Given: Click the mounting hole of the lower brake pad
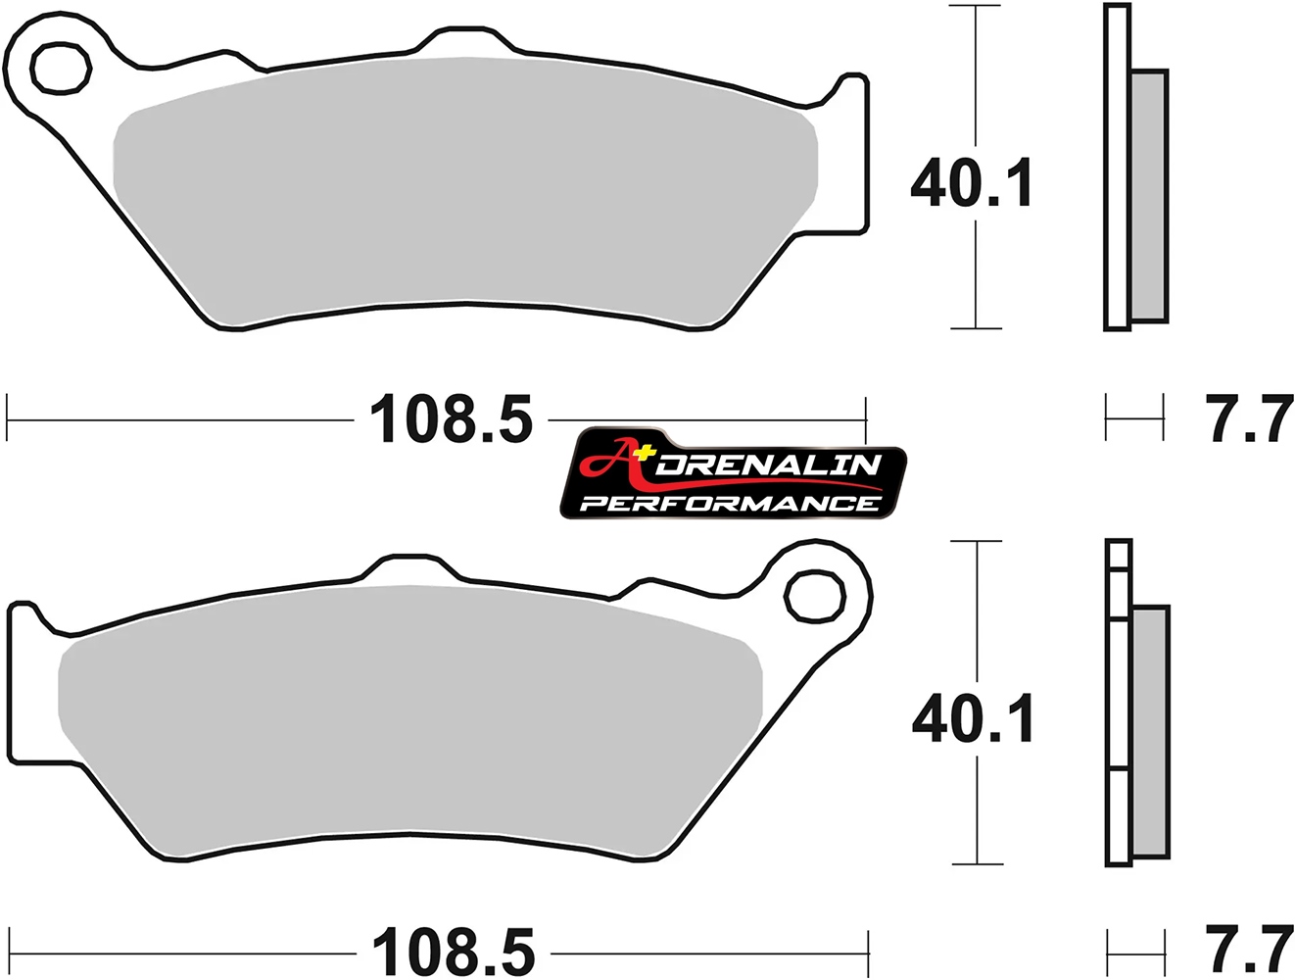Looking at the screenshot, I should pos(815,595).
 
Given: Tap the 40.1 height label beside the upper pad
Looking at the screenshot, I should pos(972,182).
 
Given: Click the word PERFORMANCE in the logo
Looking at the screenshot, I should pos(730,504).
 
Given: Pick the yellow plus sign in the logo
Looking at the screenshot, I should pos(643,452).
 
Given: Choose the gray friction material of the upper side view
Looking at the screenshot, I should pos(1149,196).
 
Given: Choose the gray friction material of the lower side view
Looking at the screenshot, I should pos(1150,730).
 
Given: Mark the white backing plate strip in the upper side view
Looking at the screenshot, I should pos(1117,167).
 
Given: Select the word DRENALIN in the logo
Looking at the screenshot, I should pos(769,465).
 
